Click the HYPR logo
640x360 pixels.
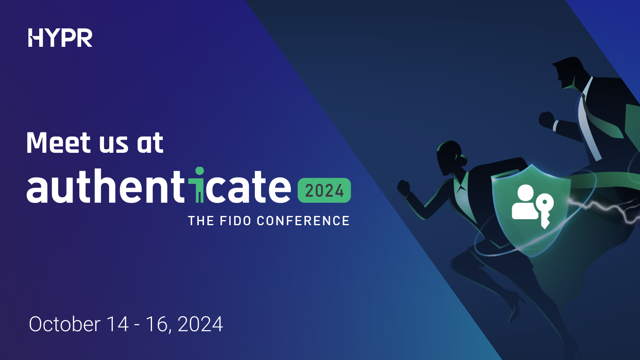click(x=60, y=38)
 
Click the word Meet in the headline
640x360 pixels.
click(x=58, y=143)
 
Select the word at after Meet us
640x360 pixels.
click(x=150, y=143)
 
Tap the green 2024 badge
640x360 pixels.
click(x=324, y=190)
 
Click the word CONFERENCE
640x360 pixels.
click(x=303, y=221)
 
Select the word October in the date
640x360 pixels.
click(x=64, y=324)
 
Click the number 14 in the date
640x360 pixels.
click(x=118, y=324)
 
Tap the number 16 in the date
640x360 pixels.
click(x=156, y=324)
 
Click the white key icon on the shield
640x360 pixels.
click(x=544, y=210)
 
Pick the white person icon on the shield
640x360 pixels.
click(x=525, y=202)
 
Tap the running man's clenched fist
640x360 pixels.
click(x=546, y=119)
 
